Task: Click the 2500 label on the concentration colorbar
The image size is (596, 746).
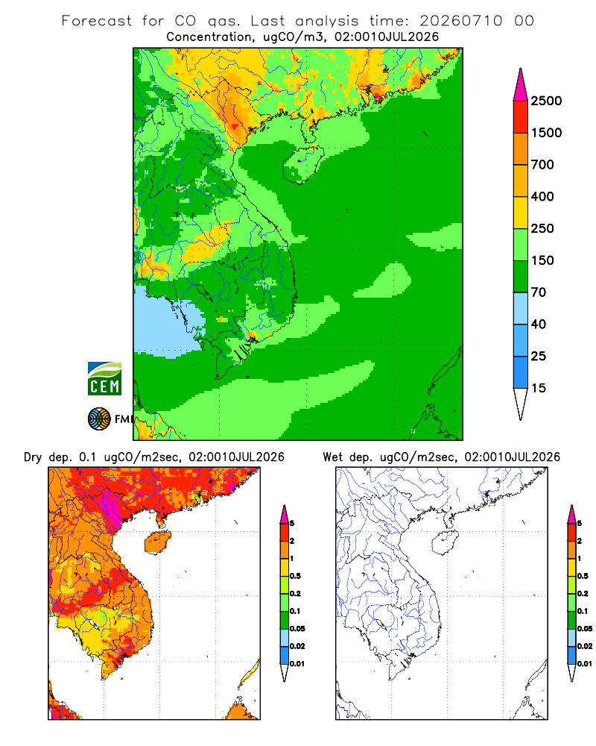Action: (546, 101)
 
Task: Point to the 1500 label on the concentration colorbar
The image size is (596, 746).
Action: (546, 133)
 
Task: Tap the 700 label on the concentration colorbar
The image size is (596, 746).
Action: (542, 165)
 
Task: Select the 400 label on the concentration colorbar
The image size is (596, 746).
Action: (542, 196)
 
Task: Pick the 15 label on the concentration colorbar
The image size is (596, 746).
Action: (539, 388)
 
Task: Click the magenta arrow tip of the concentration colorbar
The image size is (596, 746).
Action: (521, 85)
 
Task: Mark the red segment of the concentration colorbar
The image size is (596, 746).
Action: (521, 117)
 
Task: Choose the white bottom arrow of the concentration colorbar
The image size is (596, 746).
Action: (521, 404)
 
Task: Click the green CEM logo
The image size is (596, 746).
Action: (104, 379)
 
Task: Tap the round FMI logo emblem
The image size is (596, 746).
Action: (99, 419)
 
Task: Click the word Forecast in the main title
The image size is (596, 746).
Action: (97, 21)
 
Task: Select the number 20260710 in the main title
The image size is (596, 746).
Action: (460, 21)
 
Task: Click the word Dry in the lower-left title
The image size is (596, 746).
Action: (33, 457)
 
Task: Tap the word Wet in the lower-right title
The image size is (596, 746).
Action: (332, 457)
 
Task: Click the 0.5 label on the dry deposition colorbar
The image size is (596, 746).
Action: (295, 576)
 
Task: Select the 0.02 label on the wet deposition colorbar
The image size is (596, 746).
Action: (585, 646)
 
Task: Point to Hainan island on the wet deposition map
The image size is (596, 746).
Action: (445, 543)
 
